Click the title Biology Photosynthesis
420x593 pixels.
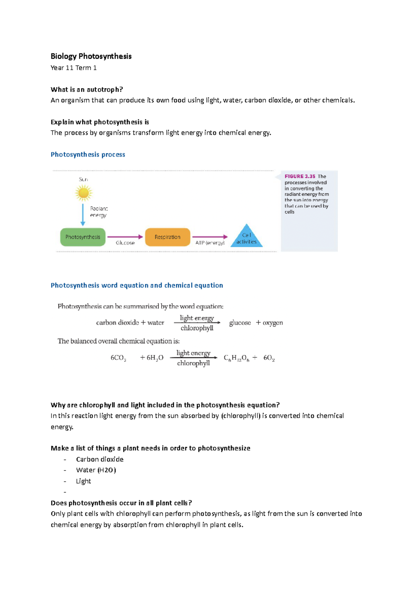tap(91, 56)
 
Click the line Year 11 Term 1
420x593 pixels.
tap(73, 68)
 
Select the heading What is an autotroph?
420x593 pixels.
tap(87, 90)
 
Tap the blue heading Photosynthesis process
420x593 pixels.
tap(88, 154)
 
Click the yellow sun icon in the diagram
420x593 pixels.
tap(83, 193)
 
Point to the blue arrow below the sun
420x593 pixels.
tap(83, 214)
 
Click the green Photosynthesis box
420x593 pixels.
tap(83, 237)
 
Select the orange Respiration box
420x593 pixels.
tap(168, 237)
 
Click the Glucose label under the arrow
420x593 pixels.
tap(125, 243)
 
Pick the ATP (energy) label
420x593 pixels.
tap(210, 243)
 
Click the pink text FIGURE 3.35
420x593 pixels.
tap(300, 176)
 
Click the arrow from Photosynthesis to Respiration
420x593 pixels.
tap(125, 237)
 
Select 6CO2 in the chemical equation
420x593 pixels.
tap(118, 358)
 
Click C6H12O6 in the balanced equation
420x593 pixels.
tap(236, 358)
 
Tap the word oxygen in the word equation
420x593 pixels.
tap(273, 323)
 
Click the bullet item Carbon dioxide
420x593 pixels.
tap(100, 459)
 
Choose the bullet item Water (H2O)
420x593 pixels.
tap(96, 470)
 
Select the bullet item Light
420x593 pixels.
tap(83, 481)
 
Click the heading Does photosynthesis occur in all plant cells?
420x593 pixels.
tap(121, 503)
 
